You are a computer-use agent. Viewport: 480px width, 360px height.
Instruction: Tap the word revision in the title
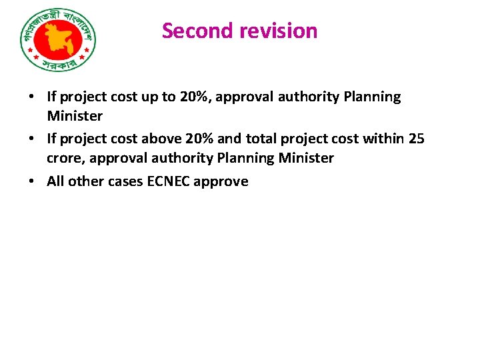click(x=281, y=31)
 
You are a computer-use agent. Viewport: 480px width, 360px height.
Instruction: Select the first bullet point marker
click(x=32, y=97)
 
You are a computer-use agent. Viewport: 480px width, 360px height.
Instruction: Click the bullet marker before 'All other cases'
click(x=32, y=181)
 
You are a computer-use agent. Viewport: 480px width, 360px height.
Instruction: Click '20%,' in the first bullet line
click(x=195, y=97)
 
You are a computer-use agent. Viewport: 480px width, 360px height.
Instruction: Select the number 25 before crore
click(x=417, y=139)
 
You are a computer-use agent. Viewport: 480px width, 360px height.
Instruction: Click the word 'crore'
click(x=65, y=158)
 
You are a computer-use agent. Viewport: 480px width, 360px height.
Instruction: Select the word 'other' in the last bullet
click(x=86, y=181)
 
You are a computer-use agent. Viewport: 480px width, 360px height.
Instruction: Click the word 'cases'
click(x=125, y=181)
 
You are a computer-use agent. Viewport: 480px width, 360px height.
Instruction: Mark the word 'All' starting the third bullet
click(x=55, y=181)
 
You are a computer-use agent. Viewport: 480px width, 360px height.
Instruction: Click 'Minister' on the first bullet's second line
click(x=75, y=116)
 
